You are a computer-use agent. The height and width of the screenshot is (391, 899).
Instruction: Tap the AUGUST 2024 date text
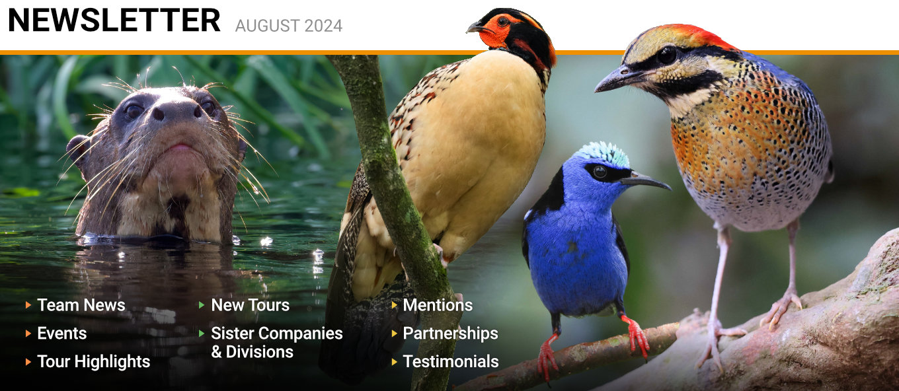tap(289, 26)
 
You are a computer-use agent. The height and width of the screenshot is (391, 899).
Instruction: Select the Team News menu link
tap(81, 305)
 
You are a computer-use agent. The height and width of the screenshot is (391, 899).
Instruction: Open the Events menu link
tap(62, 334)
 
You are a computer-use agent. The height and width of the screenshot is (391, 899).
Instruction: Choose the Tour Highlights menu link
tap(93, 362)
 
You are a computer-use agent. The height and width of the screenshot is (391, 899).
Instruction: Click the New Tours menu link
tap(250, 305)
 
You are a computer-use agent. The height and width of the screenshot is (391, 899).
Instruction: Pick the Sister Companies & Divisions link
tap(276, 343)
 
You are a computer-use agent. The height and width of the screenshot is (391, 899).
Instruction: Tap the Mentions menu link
tap(438, 305)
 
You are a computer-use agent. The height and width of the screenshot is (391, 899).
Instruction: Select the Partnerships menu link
tap(450, 334)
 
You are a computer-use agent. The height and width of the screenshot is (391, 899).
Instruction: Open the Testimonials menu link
tap(451, 361)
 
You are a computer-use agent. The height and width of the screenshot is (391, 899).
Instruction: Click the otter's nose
tap(176, 111)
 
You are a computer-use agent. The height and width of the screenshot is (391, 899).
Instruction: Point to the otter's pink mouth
tap(179, 147)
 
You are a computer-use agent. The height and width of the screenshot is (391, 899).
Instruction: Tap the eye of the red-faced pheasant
tap(503, 22)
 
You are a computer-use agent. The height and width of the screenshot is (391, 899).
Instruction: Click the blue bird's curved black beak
tap(645, 181)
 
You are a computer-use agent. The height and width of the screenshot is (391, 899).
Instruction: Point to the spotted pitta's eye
tap(667, 55)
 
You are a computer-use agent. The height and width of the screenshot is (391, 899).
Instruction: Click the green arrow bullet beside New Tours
tap(202, 305)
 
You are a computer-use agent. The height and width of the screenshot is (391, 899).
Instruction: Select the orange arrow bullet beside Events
tap(28, 334)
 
